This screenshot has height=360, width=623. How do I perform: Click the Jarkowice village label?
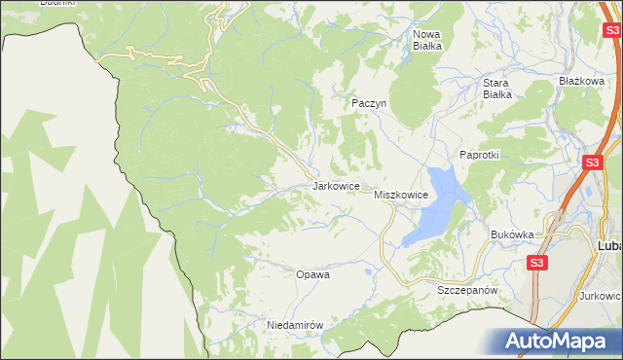tap(337, 185)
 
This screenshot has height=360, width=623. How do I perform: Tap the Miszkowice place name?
tap(401, 196)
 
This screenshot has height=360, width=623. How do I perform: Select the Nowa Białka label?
tap(427, 39)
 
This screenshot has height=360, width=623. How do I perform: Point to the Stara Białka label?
tap(497, 89)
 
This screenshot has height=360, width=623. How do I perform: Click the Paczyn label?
tap(369, 102)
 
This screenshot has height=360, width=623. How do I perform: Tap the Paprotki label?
tap(479, 156)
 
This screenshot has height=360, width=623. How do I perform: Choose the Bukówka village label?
tap(513, 234)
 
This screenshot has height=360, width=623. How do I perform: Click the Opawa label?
tap(312, 274)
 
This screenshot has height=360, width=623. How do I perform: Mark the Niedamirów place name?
tap(294, 325)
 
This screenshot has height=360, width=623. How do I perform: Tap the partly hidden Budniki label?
tap(55, 3)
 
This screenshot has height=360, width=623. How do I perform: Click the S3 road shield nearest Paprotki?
tap(592, 162)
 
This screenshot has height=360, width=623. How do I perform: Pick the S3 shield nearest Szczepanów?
tap(537, 263)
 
